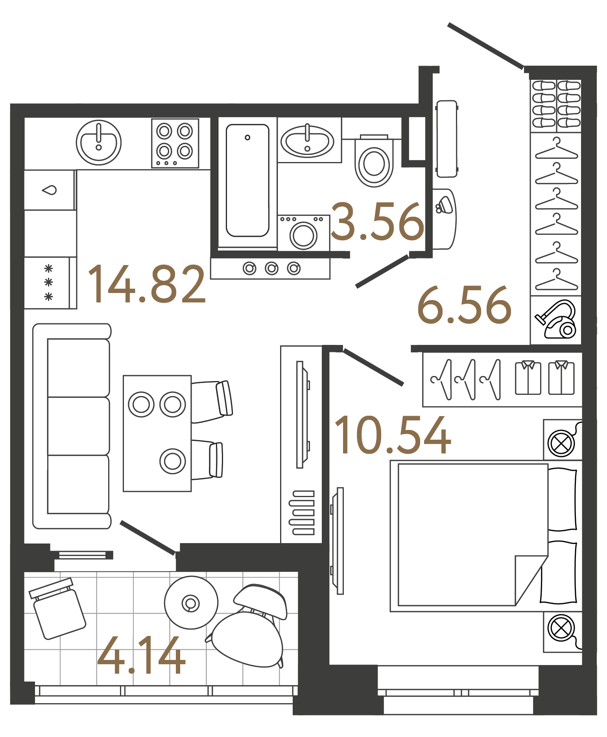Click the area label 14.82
tap(146, 284)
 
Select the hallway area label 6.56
tap(464, 305)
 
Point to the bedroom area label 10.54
tap(392, 435)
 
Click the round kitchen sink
tap(98, 142)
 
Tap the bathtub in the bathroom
tap(247, 181)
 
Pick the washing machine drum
tap(303, 236)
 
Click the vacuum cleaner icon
tap(557, 319)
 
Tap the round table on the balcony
tap(191, 602)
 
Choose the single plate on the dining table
tap(172, 461)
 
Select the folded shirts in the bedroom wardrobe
tap(545, 378)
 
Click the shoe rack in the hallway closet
tap(556, 105)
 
